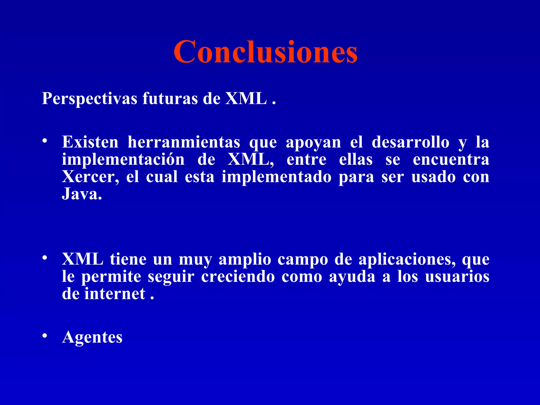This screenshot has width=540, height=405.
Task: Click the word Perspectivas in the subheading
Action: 89,99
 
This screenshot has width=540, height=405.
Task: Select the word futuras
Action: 170,98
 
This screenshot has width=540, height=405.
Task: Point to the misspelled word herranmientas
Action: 184,142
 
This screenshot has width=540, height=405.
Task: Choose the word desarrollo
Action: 410,142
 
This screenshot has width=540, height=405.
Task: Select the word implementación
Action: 123,160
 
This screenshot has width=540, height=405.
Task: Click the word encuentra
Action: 451,160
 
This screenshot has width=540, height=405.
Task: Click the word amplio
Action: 245,260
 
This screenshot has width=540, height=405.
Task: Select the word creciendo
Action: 238,277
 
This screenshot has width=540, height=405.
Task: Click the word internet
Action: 115,294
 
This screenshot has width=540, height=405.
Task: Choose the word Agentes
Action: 92,337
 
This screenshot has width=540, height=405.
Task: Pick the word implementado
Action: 276,177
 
